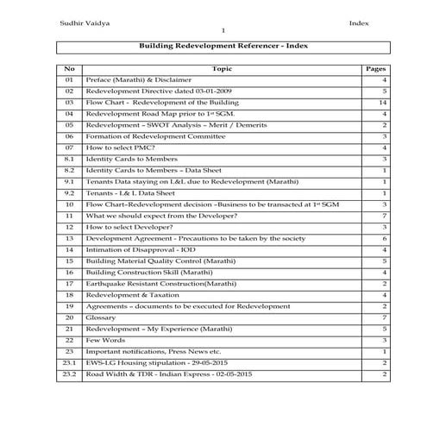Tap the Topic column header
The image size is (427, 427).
(x=222, y=67)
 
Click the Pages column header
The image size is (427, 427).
(x=375, y=67)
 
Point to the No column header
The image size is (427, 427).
(x=70, y=67)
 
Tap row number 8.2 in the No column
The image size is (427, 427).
(x=70, y=170)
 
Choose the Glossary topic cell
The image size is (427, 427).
(x=102, y=317)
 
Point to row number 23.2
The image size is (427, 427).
(x=70, y=374)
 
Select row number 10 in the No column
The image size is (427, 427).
(x=70, y=204)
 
